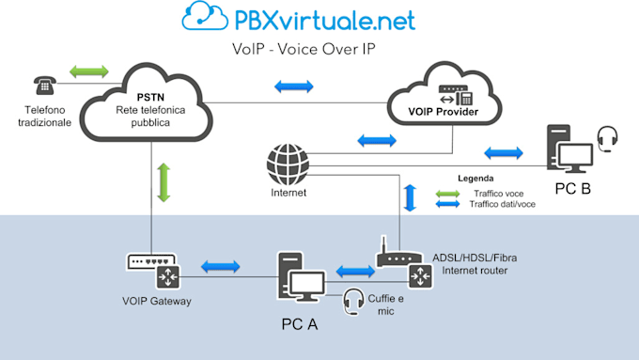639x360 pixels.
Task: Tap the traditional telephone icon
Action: [43, 86]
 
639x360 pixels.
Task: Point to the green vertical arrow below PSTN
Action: [164, 182]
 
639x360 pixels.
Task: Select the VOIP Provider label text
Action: [442, 114]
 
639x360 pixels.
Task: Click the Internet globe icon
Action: [287, 164]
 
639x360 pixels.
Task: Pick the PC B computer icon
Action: [569, 149]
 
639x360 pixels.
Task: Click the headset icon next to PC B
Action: [609, 140]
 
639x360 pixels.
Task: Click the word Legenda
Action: [475, 177]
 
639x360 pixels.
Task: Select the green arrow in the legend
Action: [450, 193]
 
